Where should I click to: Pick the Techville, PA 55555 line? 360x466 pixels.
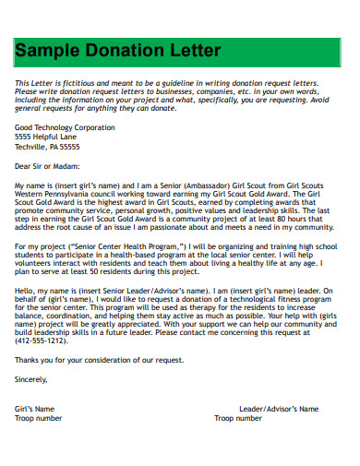(47, 146)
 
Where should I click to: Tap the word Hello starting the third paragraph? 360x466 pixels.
(25, 290)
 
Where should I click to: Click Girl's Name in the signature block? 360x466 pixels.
(35, 409)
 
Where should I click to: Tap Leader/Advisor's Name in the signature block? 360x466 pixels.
(279, 409)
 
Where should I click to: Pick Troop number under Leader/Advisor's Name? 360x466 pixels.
(238, 417)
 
